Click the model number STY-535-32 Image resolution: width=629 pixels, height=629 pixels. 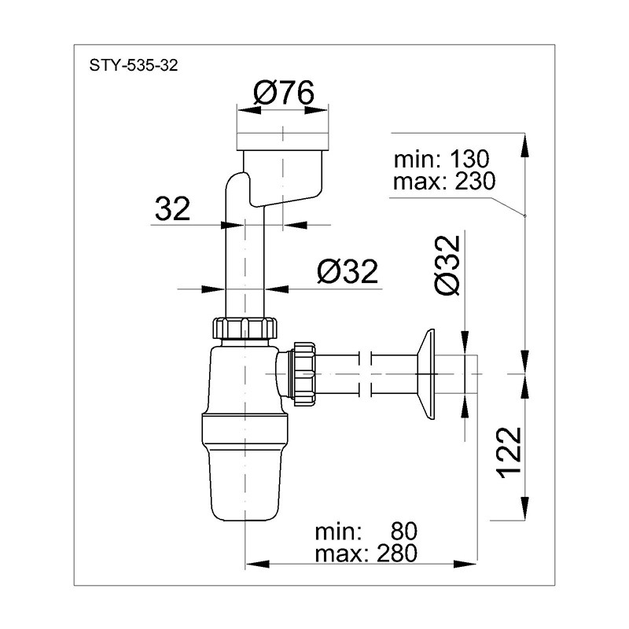[133, 65]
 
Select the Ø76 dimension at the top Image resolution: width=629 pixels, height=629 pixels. [284, 93]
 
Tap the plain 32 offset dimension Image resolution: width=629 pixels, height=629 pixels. [172, 208]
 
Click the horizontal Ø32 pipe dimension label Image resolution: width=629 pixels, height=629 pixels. [348, 271]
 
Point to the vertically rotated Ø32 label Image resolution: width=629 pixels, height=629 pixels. [447, 265]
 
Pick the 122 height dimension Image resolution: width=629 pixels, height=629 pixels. [509, 453]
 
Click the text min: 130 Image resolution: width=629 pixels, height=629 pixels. [441, 159]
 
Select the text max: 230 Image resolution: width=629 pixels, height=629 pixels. [444, 182]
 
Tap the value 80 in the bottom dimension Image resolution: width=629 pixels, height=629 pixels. [403, 532]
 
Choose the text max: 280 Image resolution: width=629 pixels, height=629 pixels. [366, 554]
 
